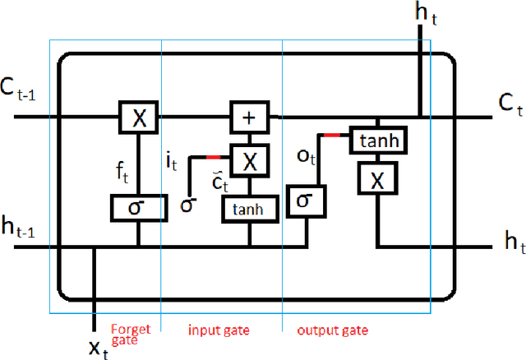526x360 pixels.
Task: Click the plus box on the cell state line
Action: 249,118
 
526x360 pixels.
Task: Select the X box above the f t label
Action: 140,118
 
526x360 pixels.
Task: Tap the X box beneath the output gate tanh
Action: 377,179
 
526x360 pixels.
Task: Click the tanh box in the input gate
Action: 249,209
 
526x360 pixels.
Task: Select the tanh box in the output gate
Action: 377,141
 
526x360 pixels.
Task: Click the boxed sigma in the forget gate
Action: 138,207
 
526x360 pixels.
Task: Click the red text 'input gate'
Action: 219,330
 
